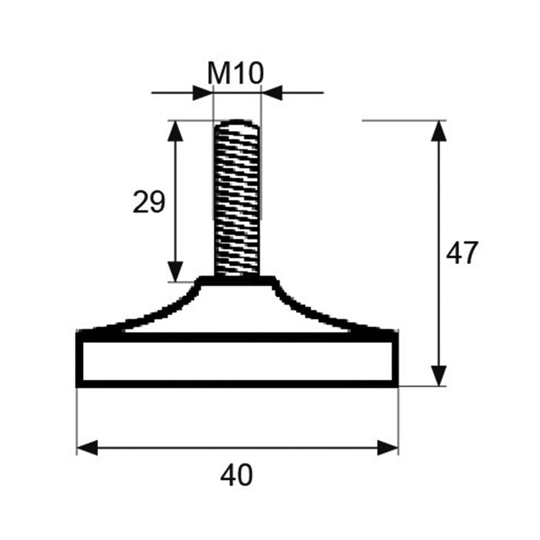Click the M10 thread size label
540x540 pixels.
pos(236,73)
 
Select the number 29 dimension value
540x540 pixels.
pos(149,202)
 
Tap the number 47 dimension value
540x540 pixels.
pos(462,252)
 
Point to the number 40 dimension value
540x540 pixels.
pos(237,475)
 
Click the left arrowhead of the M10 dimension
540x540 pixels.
pos(203,92)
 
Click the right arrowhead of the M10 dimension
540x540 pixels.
pos(272,92)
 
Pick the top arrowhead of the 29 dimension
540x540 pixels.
pos(175,131)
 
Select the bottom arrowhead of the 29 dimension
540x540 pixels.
pos(175,271)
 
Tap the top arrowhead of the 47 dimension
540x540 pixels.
pos(439,131)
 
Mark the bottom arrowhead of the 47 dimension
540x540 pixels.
pos(439,376)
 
